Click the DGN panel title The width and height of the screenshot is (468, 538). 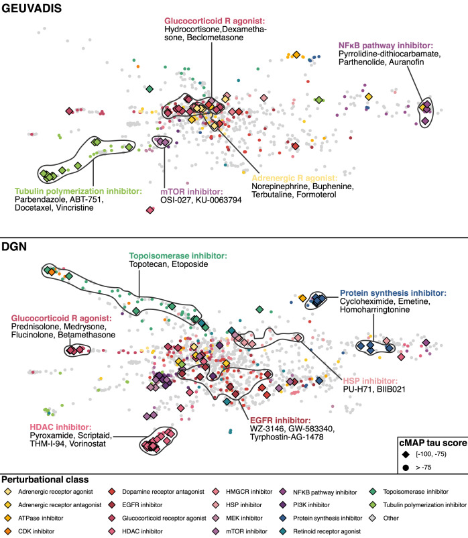[x=17, y=248]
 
